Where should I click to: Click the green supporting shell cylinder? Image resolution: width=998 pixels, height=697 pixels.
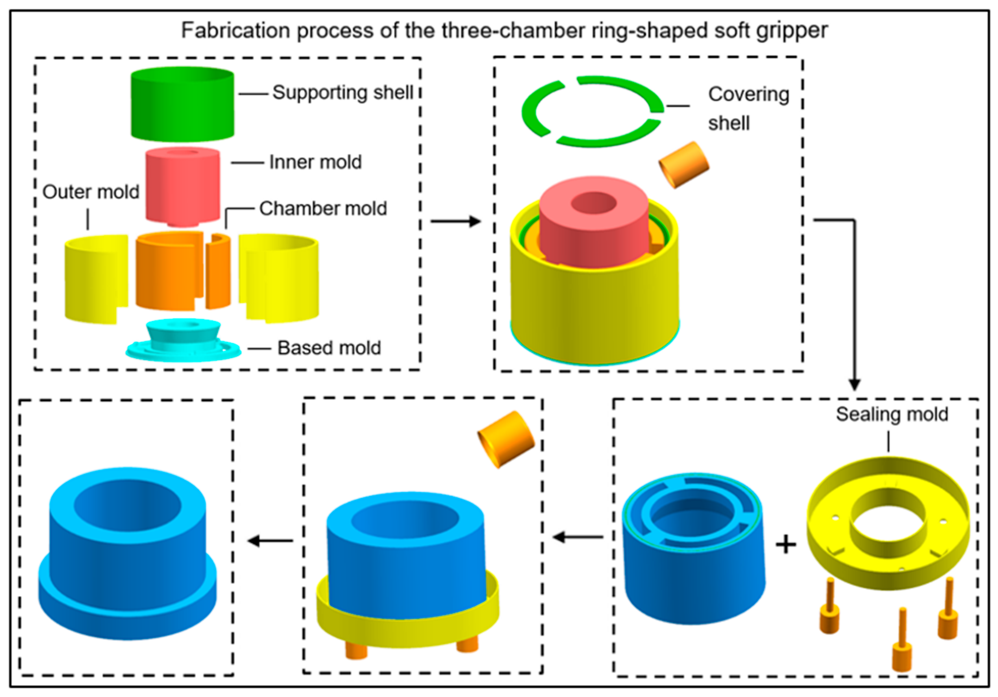183,105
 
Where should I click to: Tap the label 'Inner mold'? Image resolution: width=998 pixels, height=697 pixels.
315,162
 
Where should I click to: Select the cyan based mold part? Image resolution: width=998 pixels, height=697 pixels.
183,344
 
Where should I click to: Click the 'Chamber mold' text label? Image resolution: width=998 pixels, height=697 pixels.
323,208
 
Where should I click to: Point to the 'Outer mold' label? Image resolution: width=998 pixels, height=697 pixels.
91,192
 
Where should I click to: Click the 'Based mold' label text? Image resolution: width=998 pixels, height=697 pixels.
329,348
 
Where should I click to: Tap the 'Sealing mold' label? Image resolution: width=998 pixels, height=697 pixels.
892,414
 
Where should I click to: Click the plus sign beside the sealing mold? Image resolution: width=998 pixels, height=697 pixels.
786,545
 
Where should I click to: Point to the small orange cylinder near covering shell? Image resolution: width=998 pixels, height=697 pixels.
684,165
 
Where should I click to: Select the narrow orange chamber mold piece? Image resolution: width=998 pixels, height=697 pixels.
218,272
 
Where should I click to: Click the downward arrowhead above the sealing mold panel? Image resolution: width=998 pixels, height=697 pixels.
855,385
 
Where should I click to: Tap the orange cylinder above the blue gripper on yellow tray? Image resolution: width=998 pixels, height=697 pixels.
506,440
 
